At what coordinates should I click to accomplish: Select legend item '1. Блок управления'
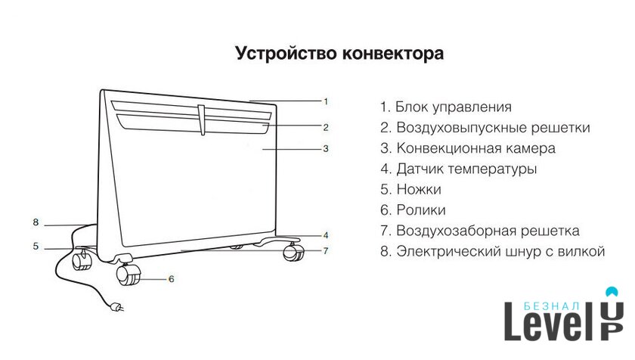(x=446, y=107)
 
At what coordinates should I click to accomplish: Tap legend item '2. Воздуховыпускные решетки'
(x=485, y=128)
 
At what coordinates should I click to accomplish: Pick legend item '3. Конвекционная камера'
(x=468, y=149)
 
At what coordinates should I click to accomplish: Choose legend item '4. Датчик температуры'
(x=459, y=169)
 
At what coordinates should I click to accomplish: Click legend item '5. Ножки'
(x=410, y=190)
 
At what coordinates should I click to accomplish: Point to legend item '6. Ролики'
(x=413, y=210)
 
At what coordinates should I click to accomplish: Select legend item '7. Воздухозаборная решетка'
(x=480, y=231)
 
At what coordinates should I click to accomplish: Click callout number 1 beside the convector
(x=326, y=101)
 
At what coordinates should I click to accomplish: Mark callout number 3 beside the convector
(x=326, y=149)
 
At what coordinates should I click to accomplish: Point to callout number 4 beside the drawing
(x=326, y=234)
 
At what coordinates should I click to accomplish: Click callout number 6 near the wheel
(x=172, y=279)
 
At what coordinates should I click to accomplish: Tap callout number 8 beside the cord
(x=36, y=222)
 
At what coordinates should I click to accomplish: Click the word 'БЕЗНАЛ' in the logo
(x=551, y=306)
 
